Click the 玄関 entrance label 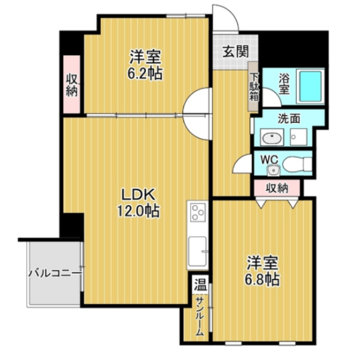tap(236, 51)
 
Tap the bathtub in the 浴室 tap(310, 86)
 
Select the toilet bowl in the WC tap(297, 164)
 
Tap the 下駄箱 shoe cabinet tap(253, 87)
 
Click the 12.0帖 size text tap(138, 211)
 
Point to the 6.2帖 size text tap(145, 73)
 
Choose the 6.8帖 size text tap(262, 280)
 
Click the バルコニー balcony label tap(55, 273)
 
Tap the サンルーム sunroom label tap(200, 316)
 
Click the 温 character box tap(201, 285)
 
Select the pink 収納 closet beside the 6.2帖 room tap(72, 84)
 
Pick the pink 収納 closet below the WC tap(277, 188)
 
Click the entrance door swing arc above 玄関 tap(231, 13)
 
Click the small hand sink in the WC tap(273, 170)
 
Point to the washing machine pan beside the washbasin tap(298, 137)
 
